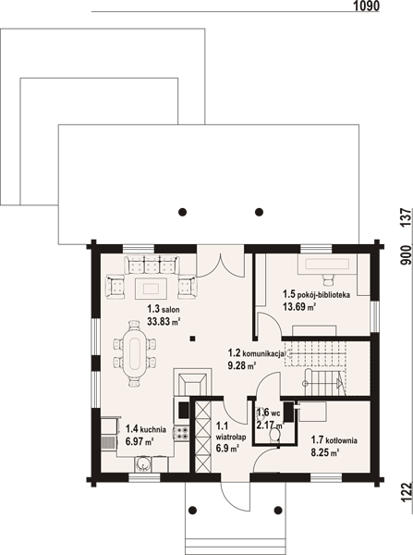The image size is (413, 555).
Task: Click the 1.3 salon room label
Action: [x=164, y=309]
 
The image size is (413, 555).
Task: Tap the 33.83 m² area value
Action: [x=164, y=321]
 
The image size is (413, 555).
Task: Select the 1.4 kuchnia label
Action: [x=146, y=429]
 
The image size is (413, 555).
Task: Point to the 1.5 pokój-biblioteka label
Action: [x=316, y=294]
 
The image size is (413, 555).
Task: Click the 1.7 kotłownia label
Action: [x=334, y=440]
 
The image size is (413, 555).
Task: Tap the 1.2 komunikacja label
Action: [x=256, y=353]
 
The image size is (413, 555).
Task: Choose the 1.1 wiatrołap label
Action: [x=231, y=431]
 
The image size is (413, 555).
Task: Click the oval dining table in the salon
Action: [x=134, y=353]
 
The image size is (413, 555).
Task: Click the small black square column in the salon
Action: [x=192, y=339]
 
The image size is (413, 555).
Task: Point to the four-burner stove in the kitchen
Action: [x=182, y=433]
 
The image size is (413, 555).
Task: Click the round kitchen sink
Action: [x=143, y=463]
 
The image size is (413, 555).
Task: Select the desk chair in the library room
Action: [x=329, y=279]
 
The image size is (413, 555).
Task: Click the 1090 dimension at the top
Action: [x=366, y=6]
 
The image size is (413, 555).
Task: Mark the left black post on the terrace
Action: [x=182, y=212]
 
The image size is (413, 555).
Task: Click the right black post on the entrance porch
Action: [x=278, y=511]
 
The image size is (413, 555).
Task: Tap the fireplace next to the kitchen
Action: [x=192, y=382]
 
